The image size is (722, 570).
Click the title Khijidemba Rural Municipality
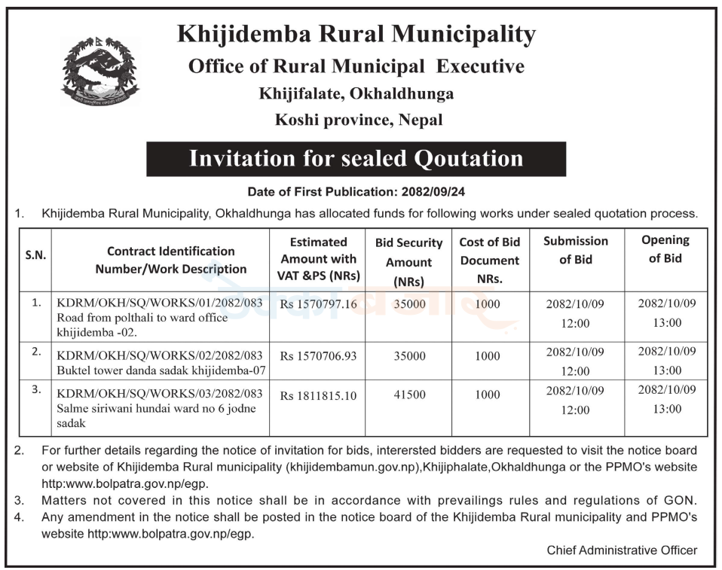356,34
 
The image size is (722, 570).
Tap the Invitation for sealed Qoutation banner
356,158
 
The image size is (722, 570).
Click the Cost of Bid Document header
489,261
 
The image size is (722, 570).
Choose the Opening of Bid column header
665,249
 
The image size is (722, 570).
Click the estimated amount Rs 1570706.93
319,355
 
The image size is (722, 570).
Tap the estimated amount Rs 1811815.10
319,395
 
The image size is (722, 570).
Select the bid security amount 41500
409,395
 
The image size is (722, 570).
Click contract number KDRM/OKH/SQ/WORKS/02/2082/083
160,355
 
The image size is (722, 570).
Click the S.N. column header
35,255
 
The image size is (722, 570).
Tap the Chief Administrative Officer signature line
622,550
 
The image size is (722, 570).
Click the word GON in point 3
682,500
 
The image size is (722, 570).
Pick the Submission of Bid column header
576,250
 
